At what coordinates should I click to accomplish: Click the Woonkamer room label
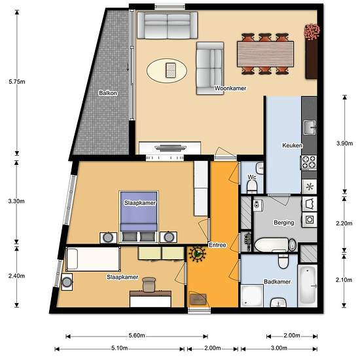point(230,88)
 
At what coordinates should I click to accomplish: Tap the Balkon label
point(108,93)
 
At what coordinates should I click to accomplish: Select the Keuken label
point(293,145)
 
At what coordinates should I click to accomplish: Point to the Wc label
point(252,177)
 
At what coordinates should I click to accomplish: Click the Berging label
point(284,223)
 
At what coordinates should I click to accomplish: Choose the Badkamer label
point(277,281)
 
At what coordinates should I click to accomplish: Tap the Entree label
point(217,245)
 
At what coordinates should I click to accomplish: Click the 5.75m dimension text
point(17,82)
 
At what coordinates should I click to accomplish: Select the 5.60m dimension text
point(137,335)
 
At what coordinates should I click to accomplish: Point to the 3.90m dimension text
point(344,143)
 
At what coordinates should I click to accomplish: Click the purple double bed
point(139,217)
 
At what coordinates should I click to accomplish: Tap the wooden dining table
point(265,54)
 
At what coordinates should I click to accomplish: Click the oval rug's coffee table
point(171,70)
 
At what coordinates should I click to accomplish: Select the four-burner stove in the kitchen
point(309,162)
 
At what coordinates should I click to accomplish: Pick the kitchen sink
point(310,128)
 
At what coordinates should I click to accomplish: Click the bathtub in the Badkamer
point(308,285)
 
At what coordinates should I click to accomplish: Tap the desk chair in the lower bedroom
point(149,285)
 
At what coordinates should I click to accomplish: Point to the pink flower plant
point(312,31)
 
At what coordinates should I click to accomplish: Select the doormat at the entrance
point(198,299)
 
